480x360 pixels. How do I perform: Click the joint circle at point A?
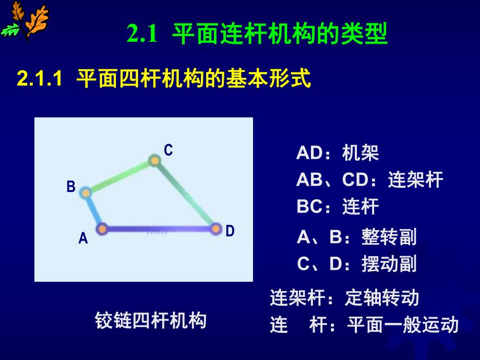pyautogui.click(x=102, y=229)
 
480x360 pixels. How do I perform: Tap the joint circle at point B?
pyautogui.click(x=86, y=193)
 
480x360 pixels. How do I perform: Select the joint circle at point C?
pyautogui.click(x=153, y=160)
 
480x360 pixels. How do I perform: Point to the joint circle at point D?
pyautogui.click(x=216, y=229)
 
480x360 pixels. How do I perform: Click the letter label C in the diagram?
pyautogui.click(x=168, y=150)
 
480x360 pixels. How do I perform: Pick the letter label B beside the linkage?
pyautogui.click(x=71, y=187)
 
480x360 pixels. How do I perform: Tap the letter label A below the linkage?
pyautogui.click(x=83, y=239)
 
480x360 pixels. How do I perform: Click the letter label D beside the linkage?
pyautogui.click(x=230, y=231)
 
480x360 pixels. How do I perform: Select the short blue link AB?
pyautogui.click(x=93, y=211)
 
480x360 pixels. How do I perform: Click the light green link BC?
pyautogui.click(x=119, y=176)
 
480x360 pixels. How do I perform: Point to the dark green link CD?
pyautogui.click(x=185, y=194)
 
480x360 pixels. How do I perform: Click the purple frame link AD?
pyautogui.click(x=159, y=229)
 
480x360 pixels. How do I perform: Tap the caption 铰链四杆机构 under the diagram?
pyautogui.click(x=151, y=320)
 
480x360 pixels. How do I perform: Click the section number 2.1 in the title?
pyautogui.click(x=142, y=35)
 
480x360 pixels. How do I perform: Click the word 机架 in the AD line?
pyautogui.click(x=361, y=153)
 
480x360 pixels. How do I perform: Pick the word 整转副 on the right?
pyautogui.click(x=389, y=237)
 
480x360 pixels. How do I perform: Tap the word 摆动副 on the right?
pyautogui.click(x=389, y=263)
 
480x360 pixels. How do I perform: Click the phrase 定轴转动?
pyautogui.click(x=382, y=298)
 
